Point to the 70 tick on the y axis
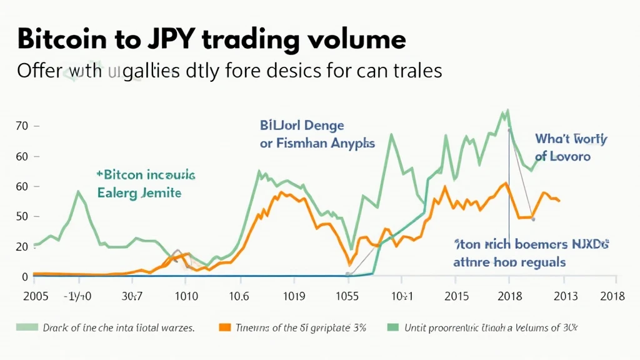point(22,126)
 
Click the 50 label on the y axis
point(22,217)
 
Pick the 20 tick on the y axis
point(22,247)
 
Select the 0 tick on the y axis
point(25,276)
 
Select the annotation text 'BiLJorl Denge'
point(302,126)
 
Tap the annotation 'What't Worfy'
point(571,139)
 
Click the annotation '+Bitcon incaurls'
point(146,174)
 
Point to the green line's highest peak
point(507,111)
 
